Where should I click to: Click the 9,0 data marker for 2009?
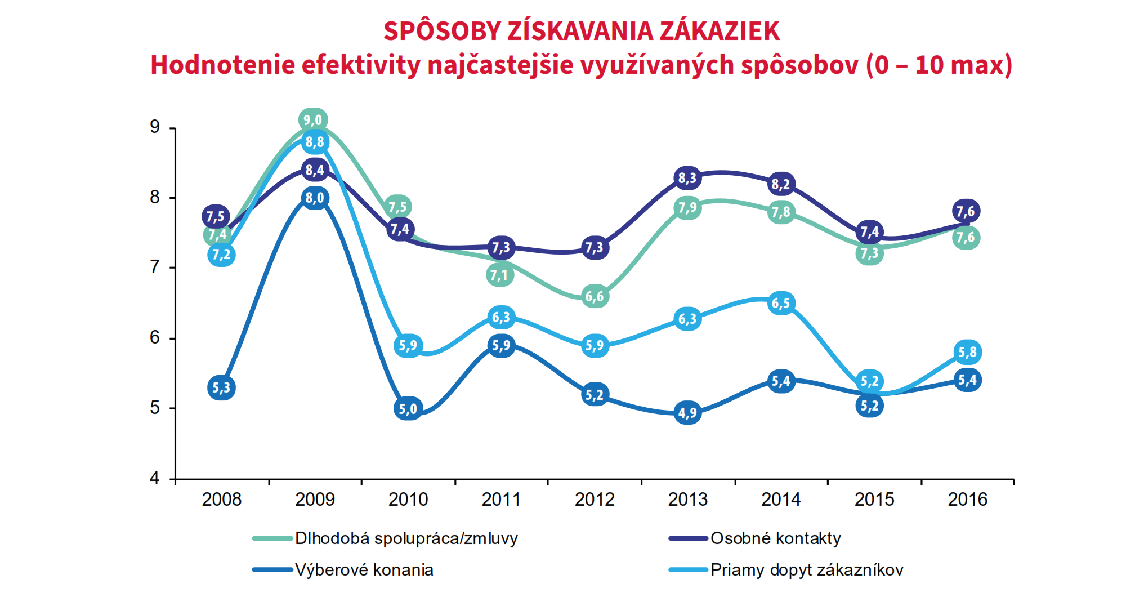(313, 120)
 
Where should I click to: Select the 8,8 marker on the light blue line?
(315, 142)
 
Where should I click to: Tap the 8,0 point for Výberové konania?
(315, 198)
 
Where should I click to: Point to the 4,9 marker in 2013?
(687, 413)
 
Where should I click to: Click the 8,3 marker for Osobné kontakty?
(687, 179)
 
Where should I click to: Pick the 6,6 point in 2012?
(595, 296)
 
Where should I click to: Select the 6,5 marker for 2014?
(781, 304)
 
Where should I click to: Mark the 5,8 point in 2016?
(968, 353)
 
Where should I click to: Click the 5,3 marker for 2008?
(221, 387)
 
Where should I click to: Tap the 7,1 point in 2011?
(499, 275)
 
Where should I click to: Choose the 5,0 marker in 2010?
(408, 408)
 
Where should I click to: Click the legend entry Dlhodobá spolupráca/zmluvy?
(406, 538)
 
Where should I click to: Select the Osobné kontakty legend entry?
(775, 538)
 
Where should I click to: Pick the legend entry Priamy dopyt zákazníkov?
(806, 570)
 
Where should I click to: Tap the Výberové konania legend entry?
(364, 570)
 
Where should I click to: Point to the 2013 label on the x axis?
(687, 500)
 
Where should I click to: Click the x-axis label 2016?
(968, 500)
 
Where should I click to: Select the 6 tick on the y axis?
(155, 338)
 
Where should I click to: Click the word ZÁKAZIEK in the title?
(720, 31)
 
